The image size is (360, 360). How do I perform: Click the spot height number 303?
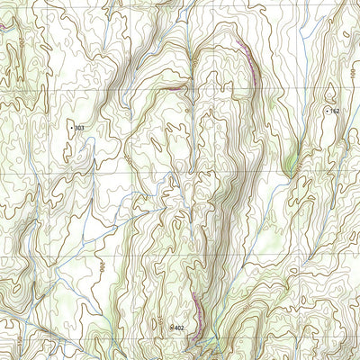point(79,129)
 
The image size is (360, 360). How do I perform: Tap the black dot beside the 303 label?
point(71,129)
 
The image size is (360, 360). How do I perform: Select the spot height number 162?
point(334,111)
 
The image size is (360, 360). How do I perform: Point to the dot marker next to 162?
point(326,110)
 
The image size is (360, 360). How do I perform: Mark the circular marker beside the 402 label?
point(171,328)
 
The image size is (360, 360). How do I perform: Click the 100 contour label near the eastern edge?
point(330,90)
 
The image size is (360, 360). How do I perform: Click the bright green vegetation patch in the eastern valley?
point(290,164)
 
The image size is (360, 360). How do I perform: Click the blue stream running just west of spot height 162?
point(310,117)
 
